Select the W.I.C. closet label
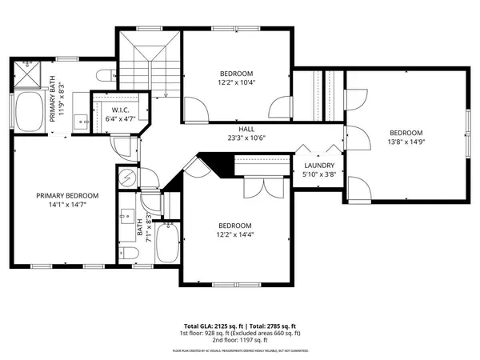[120, 110]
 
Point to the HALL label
[246, 128]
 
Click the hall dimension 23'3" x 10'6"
[246, 137]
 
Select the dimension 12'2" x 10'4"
[236, 82]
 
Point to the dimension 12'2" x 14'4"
[236, 234]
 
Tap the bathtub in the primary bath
[31, 111]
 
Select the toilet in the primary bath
[104, 76]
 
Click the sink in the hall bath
[129, 217]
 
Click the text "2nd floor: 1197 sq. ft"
[240, 342]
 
